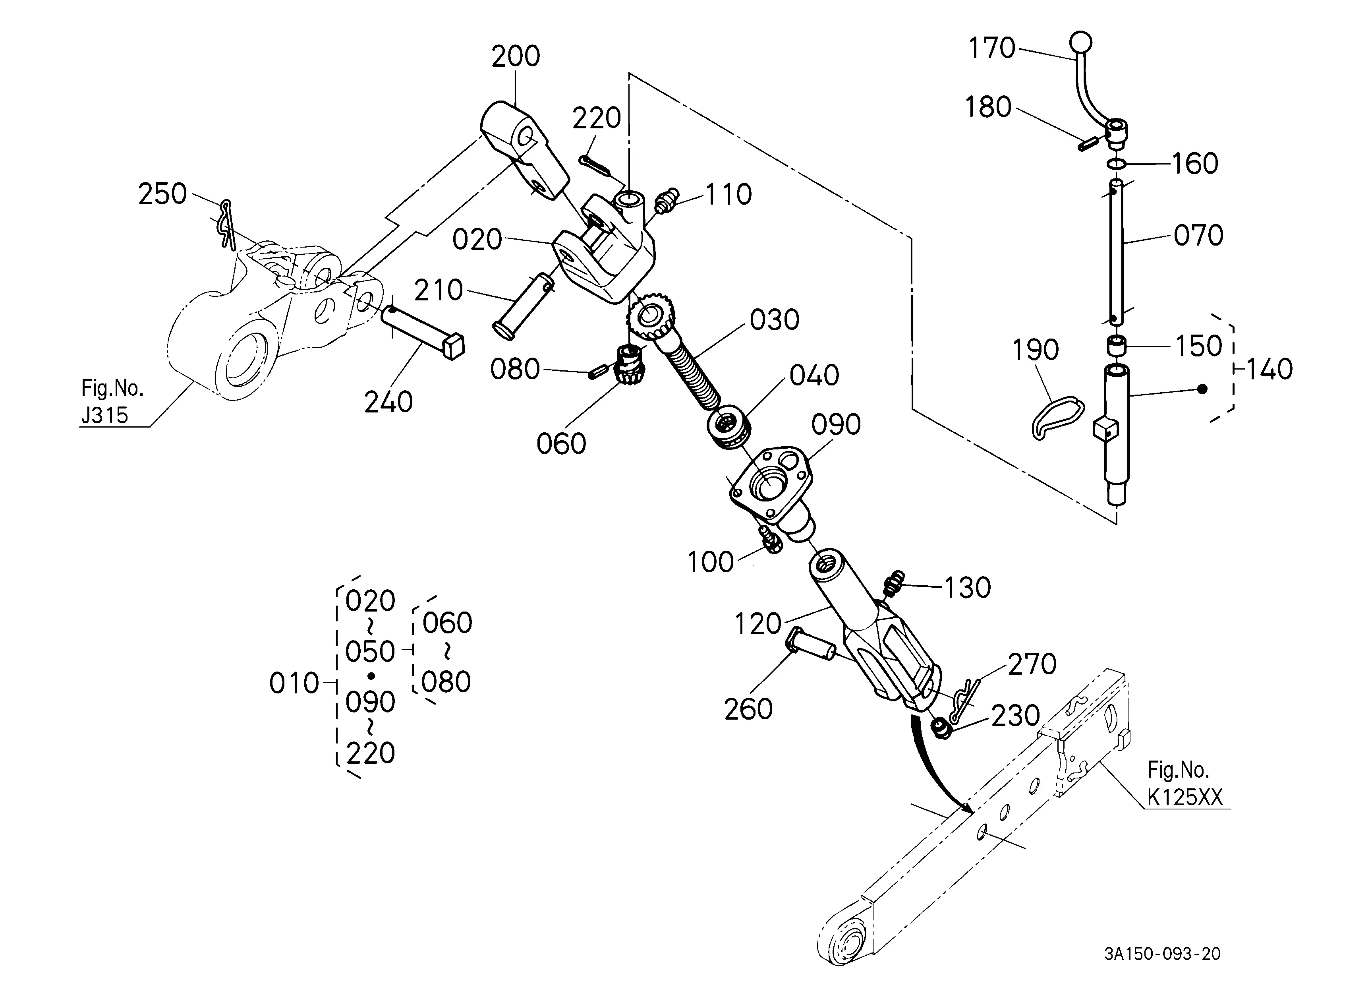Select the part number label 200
515,56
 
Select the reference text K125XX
1184,798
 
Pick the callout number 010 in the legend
294,683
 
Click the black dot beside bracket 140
1202,389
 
